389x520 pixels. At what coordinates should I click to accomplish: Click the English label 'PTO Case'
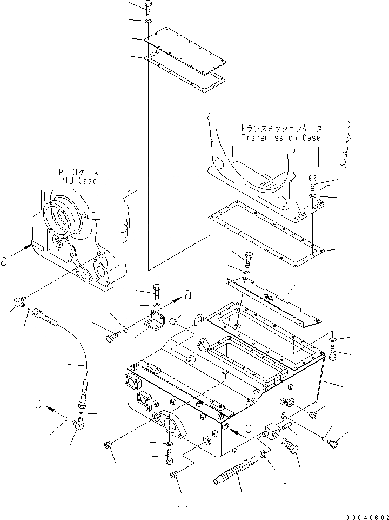[x=78, y=180]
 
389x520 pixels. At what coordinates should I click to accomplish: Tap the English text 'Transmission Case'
[x=281, y=137]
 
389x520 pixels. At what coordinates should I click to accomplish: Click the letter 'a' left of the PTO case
[x=5, y=261]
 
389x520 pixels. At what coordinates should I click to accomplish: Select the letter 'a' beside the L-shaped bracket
[x=188, y=294]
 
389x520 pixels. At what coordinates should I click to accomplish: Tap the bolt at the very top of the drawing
[x=149, y=7]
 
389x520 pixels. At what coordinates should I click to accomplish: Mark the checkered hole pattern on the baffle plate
[x=269, y=296]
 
